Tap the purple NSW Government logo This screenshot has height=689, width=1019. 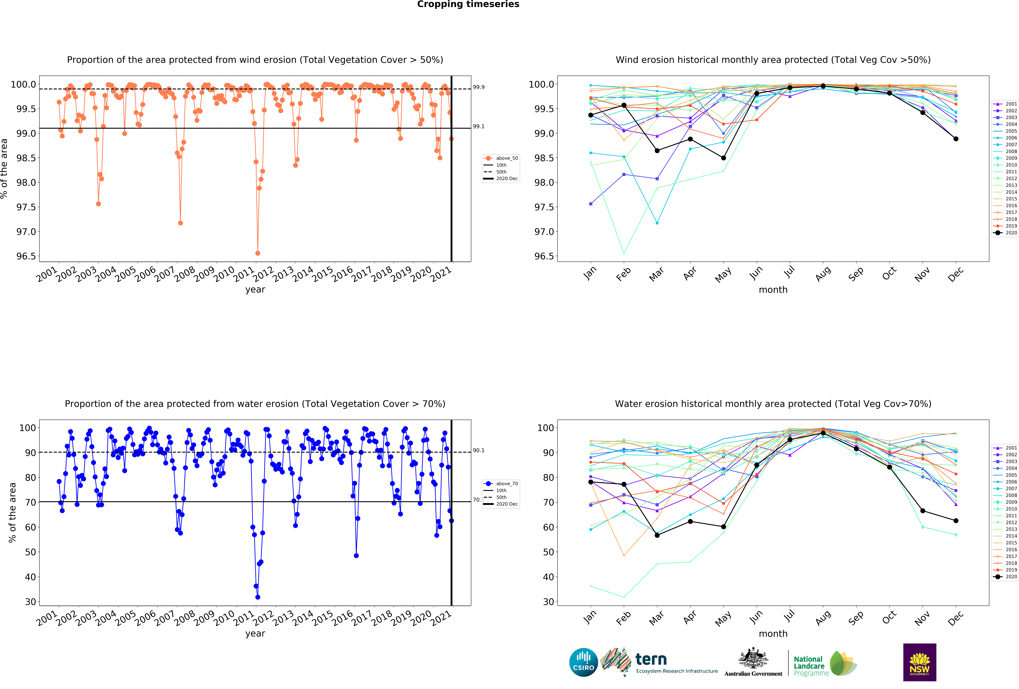(920, 662)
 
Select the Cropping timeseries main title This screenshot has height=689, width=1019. (468, 4)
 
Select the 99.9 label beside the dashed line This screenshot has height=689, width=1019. (478, 87)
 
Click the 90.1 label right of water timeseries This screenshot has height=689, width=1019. (478, 450)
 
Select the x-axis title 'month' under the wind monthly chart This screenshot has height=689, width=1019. (773, 290)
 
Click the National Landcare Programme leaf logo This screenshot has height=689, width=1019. (843, 663)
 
